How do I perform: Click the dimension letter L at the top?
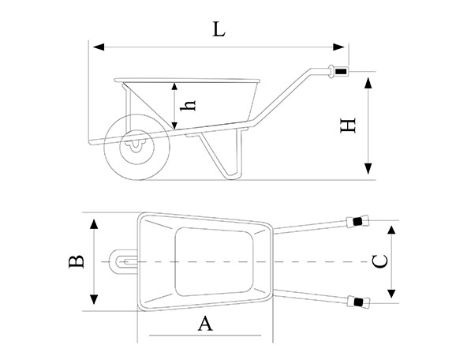(x=219, y=29)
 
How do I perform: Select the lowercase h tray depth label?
(x=188, y=106)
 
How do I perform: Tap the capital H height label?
(x=348, y=126)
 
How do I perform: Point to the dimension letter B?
(x=77, y=261)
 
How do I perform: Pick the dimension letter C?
(x=380, y=261)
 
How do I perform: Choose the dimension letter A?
(x=205, y=324)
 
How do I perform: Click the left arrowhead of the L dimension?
(x=99, y=47)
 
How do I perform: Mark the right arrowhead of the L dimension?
(x=338, y=47)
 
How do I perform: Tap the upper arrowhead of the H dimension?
(x=368, y=83)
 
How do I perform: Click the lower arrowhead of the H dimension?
(x=368, y=169)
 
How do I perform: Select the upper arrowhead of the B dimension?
(x=94, y=224)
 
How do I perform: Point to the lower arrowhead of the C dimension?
(x=391, y=293)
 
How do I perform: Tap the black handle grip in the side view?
(x=341, y=72)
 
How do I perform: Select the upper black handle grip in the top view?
(x=357, y=221)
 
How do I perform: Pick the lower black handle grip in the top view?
(x=358, y=302)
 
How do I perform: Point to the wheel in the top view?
(x=123, y=261)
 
